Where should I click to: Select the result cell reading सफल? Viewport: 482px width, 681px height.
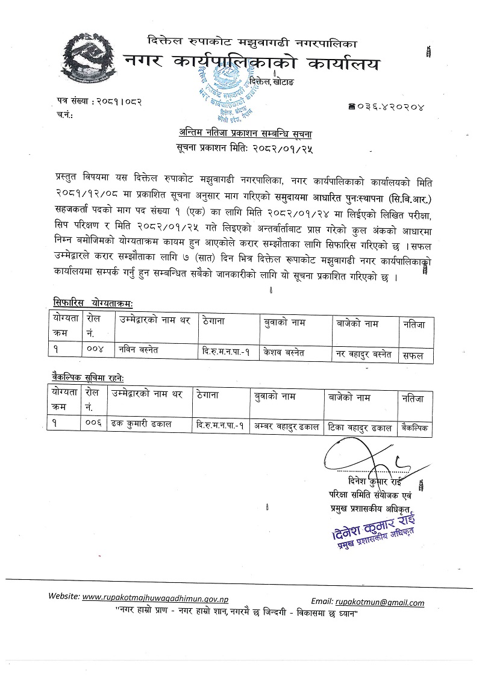tap(414, 356)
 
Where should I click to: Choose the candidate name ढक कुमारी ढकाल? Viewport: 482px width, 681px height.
tap(142, 424)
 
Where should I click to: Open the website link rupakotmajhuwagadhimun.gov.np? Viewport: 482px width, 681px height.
tap(155, 597)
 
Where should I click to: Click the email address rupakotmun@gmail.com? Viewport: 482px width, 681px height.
tap(380, 602)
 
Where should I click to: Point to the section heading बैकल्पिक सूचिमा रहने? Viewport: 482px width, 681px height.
tap(88, 377)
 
